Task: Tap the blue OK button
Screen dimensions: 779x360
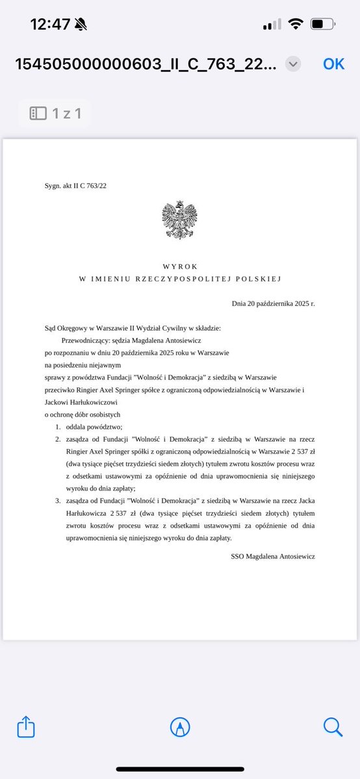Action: point(333,63)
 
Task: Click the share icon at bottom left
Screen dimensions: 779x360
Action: point(26,726)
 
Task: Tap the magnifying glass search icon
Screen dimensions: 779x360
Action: point(333,726)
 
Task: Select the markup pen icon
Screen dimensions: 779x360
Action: point(179,726)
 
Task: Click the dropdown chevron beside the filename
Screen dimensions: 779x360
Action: point(293,64)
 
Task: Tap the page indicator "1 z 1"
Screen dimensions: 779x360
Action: point(55,113)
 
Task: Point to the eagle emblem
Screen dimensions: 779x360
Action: point(179,220)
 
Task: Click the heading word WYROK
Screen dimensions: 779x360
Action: point(179,266)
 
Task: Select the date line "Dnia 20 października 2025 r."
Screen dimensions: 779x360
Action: point(273,303)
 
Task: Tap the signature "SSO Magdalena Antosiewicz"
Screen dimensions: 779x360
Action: point(273,557)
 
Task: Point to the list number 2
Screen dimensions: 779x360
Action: point(57,439)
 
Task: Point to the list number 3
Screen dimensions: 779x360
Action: point(57,501)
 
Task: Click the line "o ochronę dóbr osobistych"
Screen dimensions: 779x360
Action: point(82,415)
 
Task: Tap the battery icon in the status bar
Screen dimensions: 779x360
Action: point(322,24)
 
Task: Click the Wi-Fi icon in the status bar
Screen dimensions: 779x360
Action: point(296,24)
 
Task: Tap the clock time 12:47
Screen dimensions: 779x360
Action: point(50,24)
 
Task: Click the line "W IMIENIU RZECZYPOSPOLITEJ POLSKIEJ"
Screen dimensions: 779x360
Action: point(179,279)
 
